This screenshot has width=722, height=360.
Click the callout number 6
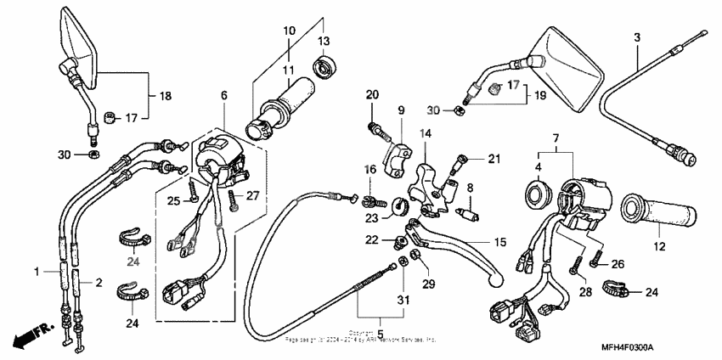pos(224,97)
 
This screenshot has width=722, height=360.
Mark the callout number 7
pos(555,138)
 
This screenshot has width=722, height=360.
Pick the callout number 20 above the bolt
pos(371,93)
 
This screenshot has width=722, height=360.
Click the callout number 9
pos(401,110)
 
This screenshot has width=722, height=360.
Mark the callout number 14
pos(426,133)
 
